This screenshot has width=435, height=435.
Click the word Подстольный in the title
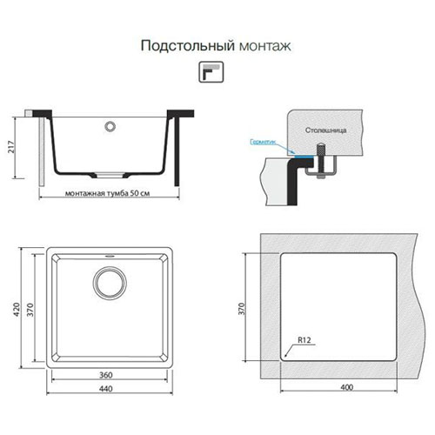point(188,46)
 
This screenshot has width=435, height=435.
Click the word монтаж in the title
point(265,46)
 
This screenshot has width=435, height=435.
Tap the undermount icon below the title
point(211,72)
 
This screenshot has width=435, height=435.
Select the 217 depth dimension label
point(10,147)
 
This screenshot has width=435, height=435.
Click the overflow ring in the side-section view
point(110,126)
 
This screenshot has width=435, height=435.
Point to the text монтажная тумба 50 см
point(107,193)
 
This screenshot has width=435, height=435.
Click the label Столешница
point(325,130)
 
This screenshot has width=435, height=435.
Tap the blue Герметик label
point(263,142)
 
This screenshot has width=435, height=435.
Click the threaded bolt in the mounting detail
point(320,160)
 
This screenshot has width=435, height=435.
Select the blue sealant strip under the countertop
point(304,156)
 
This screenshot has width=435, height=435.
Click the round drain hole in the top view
point(110,283)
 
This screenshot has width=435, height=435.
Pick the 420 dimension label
point(17,309)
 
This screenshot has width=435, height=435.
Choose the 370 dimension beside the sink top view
point(30,310)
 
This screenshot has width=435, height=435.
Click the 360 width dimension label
point(106,375)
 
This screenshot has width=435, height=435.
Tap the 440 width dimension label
point(106,389)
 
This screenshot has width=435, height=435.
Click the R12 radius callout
point(304,340)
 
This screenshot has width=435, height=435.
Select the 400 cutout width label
point(347,387)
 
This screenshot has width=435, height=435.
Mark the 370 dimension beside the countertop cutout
point(241,309)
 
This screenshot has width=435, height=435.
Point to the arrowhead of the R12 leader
point(285,355)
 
